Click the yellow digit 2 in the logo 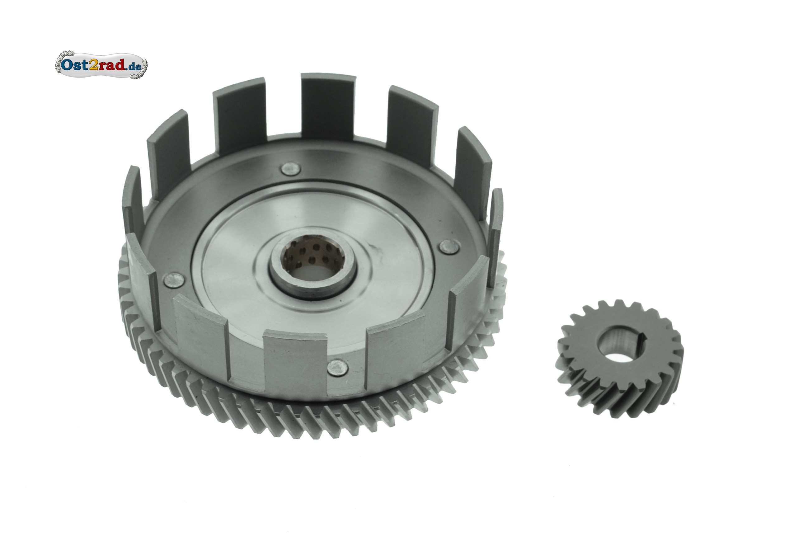coord(93,65)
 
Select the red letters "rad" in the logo coord(110,65)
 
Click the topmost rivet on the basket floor coord(291,169)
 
